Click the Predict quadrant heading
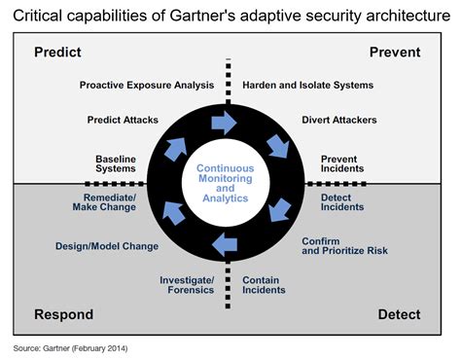pyautogui.click(x=57, y=52)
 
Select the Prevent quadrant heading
pyautogui.click(x=395, y=52)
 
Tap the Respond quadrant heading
pyautogui.click(x=64, y=314)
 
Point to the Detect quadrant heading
pyautogui.click(x=399, y=314)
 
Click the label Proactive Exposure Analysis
pyautogui.click(x=147, y=86)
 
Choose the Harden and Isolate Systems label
pyautogui.click(x=307, y=86)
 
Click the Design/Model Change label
pyautogui.click(x=106, y=246)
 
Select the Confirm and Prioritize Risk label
pyautogui.click(x=344, y=245)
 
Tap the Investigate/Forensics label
pyautogui.click(x=187, y=284)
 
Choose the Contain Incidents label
pyautogui.click(x=265, y=284)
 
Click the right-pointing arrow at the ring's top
pyautogui.click(x=225, y=122)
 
